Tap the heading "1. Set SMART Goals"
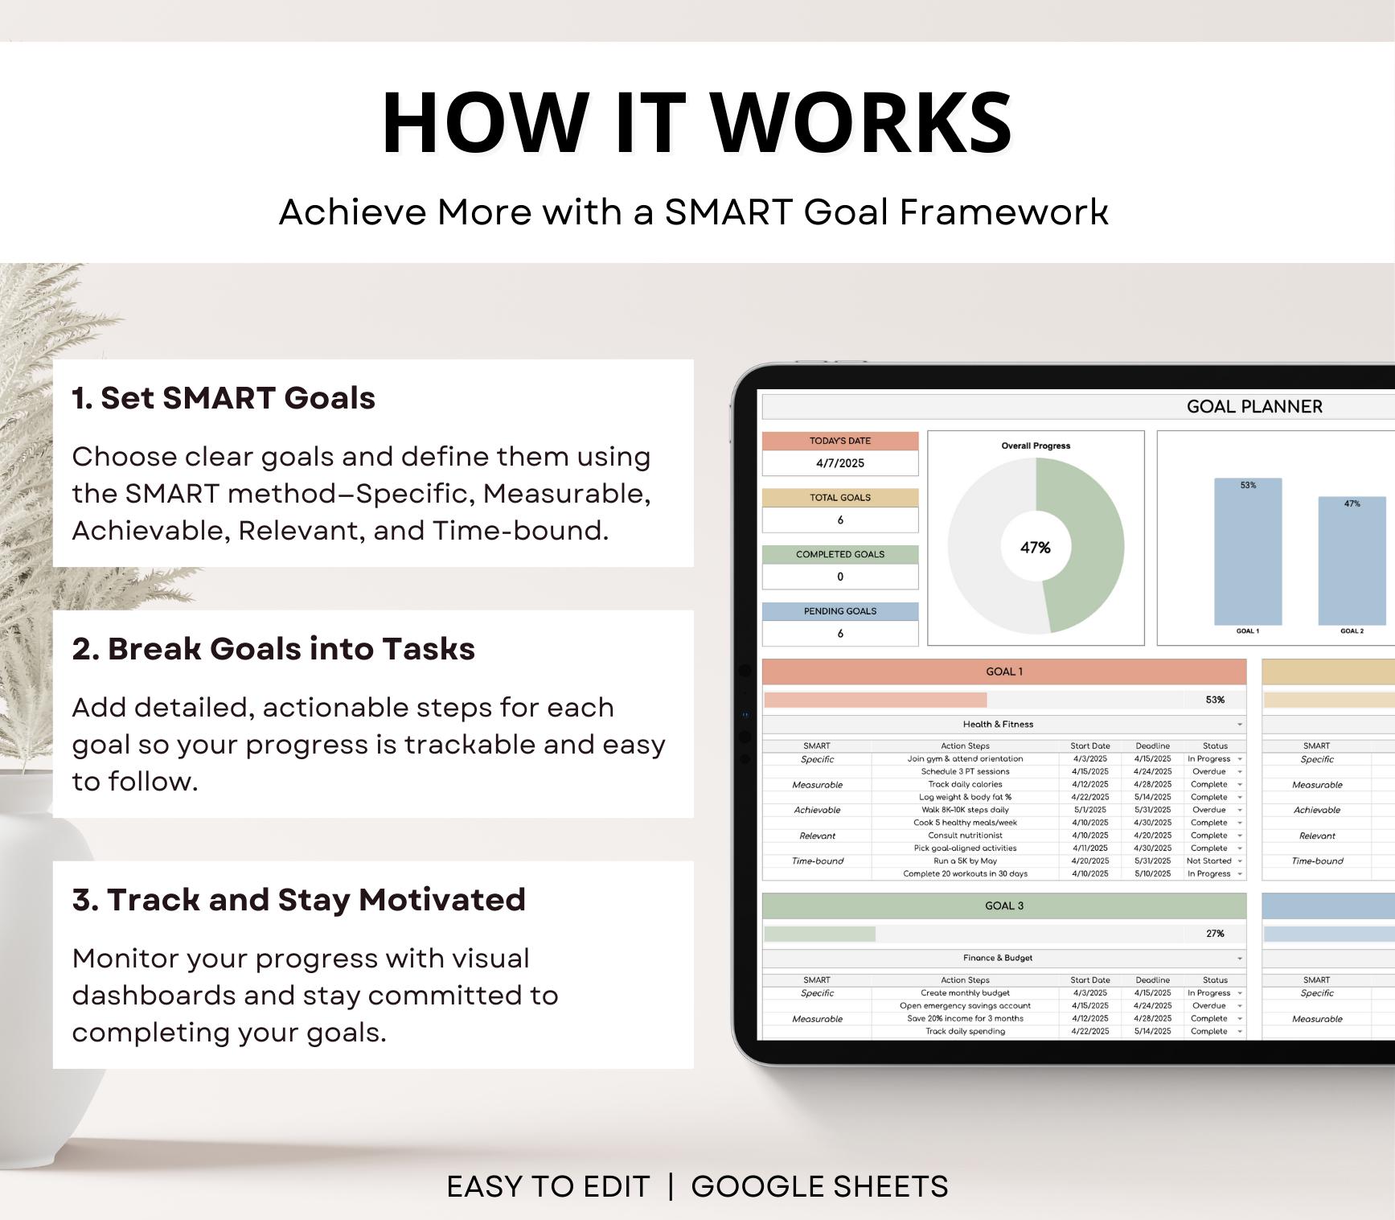coord(224,398)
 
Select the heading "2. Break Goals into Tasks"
coord(273,649)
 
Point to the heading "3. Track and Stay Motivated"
coord(298,900)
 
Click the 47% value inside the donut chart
coord(1035,548)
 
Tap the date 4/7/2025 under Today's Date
coord(839,463)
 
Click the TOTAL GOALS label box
coord(839,498)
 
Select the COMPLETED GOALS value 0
coord(839,577)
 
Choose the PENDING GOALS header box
coord(839,611)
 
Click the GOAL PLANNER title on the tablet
coord(1253,407)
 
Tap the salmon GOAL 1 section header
coord(1003,672)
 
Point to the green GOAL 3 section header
coord(1003,906)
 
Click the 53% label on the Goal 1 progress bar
coord(1214,700)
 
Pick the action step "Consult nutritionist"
coord(965,836)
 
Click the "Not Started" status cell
coord(1209,861)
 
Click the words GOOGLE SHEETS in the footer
coord(819,1187)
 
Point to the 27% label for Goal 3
coord(1214,934)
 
